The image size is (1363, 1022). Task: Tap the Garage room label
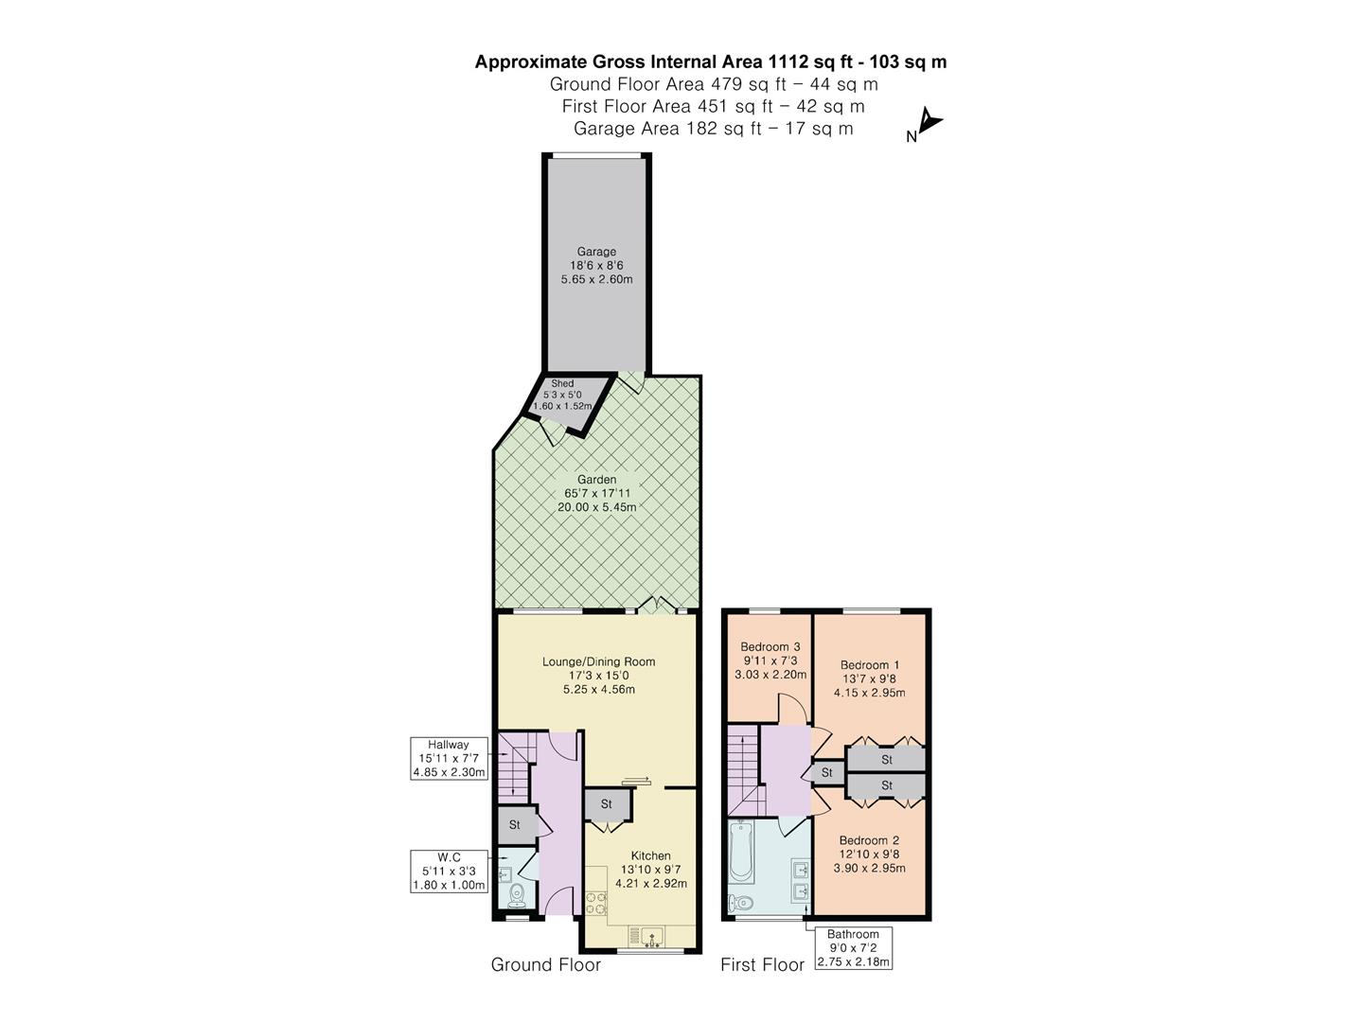(x=596, y=252)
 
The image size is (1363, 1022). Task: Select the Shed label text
(x=562, y=383)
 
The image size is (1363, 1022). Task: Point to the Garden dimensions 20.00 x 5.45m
(x=596, y=507)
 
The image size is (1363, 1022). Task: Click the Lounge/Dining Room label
(x=598, y=661)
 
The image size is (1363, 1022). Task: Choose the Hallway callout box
(x=449, y=759)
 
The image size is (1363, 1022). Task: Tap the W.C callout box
(x=449, y=872)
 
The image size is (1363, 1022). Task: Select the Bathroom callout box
(x=853, y=948)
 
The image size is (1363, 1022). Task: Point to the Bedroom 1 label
(x=869, y=665)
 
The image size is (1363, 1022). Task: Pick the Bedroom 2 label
(x=869, y=840)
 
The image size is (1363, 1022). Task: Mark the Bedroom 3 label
(x=770, y=647)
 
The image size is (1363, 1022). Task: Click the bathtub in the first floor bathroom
(x=740, y=851)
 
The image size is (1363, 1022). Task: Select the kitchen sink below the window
(x=651, y=938)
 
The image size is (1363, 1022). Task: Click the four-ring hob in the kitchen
(x=596, y=903)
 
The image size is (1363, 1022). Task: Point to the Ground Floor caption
(x=545, y=965)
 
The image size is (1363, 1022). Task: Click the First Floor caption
(x=762, y=965)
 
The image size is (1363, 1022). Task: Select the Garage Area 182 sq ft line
(x=713, y=129)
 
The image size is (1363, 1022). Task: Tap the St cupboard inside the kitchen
(x=606, y=804)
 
